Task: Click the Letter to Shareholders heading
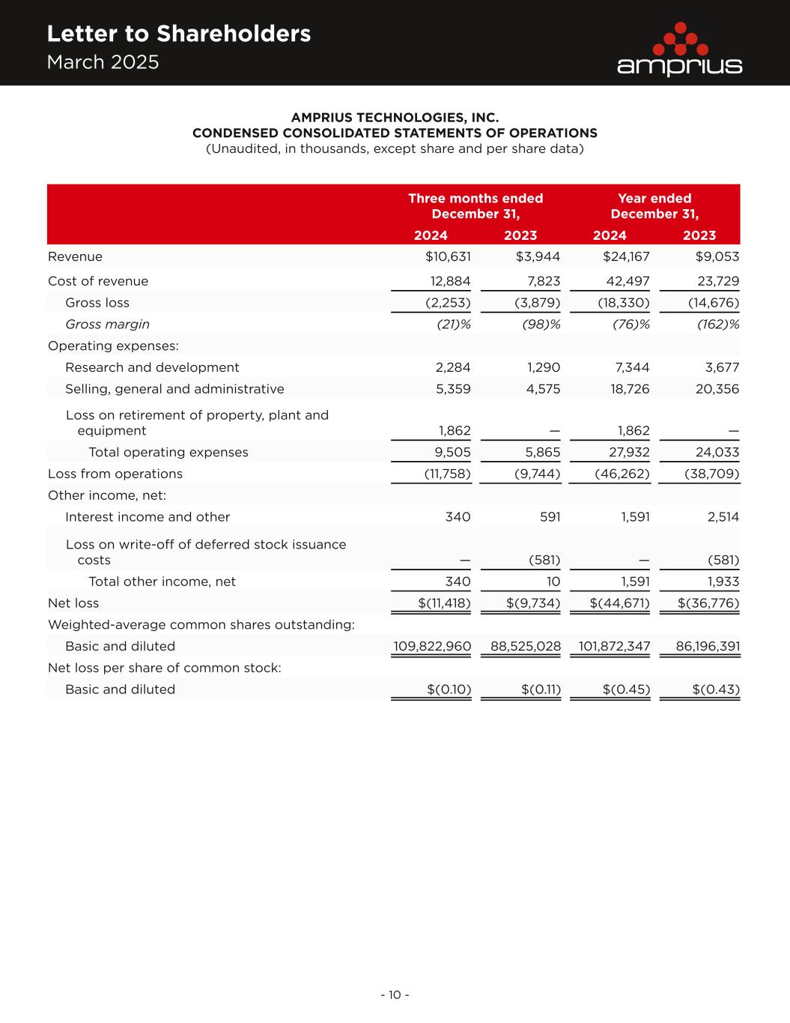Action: [x=178, y=34]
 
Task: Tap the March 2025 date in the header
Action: [x=103, y=62]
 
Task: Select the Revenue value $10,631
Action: [x=448, y=256]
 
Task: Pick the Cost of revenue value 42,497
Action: [x=628, y=281]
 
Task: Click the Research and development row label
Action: [x=152, y=367]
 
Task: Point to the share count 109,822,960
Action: [x=432, y=646]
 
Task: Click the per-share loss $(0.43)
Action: [x=715, y=689]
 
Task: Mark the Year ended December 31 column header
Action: [x=654, y=206]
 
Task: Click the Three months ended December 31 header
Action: [x=475, y=206]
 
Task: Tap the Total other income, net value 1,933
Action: [x=723, y=582]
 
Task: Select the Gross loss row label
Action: [x=97, y=303]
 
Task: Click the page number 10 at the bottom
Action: [x=395, y=995]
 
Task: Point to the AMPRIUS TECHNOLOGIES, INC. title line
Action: [x=395, y=118]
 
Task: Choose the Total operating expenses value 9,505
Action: [x=455, y=452]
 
